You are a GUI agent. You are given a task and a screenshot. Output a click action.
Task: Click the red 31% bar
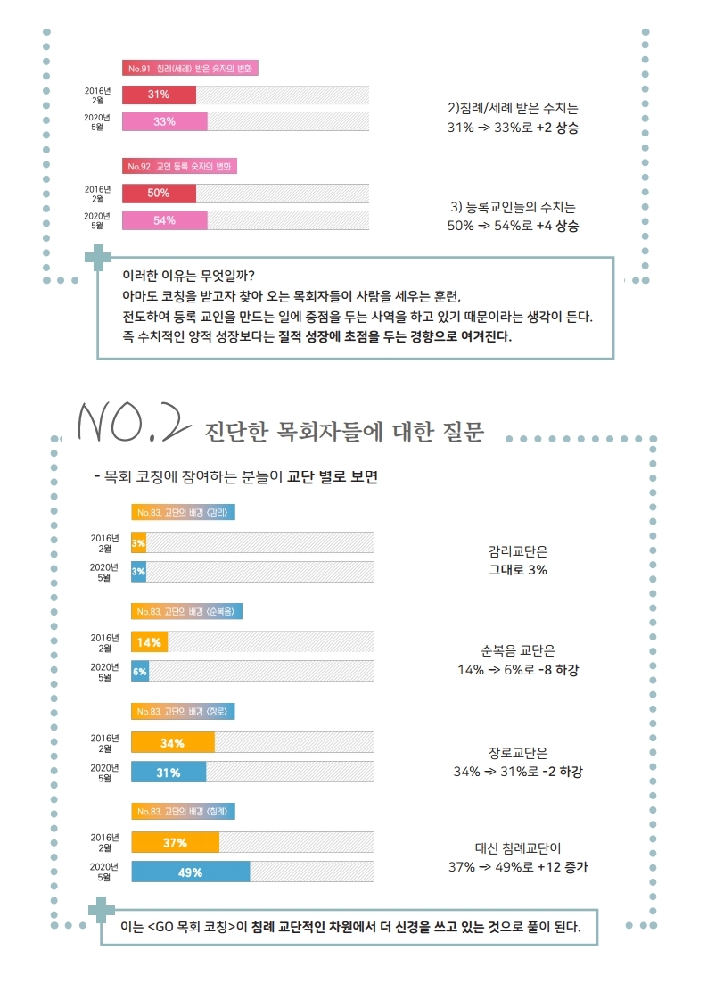[159, 95]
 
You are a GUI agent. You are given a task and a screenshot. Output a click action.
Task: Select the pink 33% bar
[164, 121]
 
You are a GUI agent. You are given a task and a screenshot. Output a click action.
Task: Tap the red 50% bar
[159, 193]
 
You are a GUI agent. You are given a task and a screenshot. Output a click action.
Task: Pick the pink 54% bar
[164, 220]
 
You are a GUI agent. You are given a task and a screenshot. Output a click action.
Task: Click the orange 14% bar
[149, 642]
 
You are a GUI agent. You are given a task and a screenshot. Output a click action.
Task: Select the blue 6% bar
[140, 671]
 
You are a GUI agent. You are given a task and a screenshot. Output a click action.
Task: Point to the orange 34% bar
[173, 742]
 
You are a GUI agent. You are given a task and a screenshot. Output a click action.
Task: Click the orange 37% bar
[175, 843]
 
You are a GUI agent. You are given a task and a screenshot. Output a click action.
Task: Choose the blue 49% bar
[191, 872]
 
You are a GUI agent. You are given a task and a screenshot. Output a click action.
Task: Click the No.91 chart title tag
[190, 69]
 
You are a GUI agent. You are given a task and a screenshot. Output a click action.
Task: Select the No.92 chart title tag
[179, 167]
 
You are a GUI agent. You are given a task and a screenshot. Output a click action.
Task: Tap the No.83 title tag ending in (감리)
[183, 512]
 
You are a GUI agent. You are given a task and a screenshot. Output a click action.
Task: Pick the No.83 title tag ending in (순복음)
[186, 612]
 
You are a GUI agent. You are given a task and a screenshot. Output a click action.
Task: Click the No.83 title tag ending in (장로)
[183, 712]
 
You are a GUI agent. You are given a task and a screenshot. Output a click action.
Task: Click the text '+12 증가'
[562, 866]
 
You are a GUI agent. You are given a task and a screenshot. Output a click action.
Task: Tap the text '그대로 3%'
[518, 569]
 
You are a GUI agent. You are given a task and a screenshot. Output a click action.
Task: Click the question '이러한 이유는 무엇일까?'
[193, 275]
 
